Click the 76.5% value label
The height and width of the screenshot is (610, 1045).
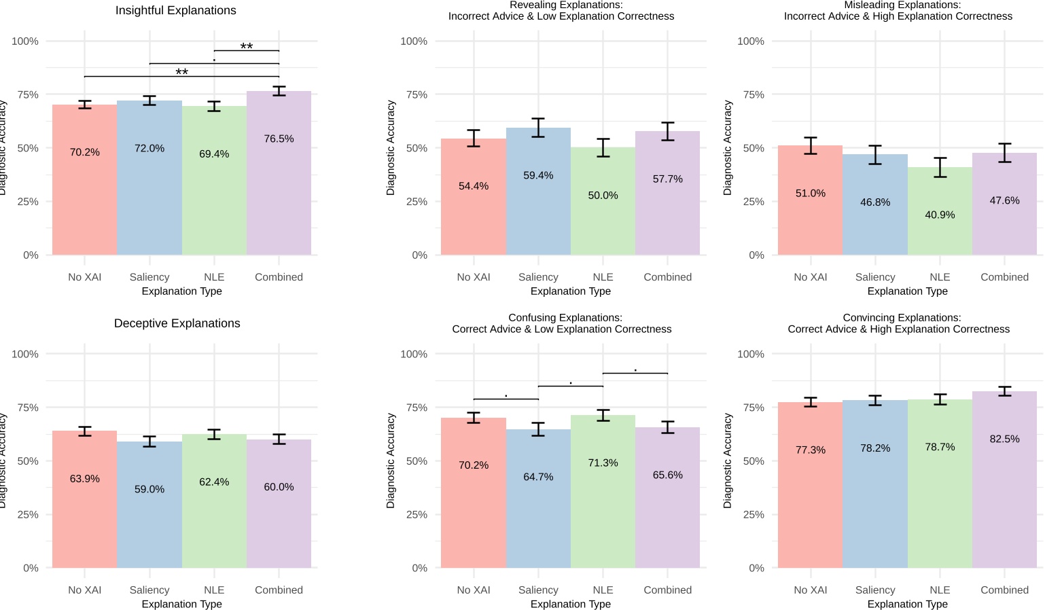click(279, 139)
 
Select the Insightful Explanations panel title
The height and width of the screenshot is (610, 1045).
click(176, 10)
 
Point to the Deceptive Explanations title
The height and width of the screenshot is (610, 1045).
click(177, 323)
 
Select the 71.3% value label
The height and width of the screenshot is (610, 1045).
click(603, 463)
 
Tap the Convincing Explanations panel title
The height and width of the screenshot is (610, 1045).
click(898, 323)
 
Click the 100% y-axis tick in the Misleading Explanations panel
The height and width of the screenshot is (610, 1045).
click(750, 41)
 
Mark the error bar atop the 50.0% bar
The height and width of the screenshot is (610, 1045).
click(603, 147)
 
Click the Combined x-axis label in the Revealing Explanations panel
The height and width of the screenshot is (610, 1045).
click(667, 277)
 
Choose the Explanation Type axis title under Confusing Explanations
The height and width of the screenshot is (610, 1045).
click(570, 604)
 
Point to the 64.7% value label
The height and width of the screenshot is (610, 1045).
click(538, 477)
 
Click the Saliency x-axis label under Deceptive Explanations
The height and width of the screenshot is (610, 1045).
click(149, 590)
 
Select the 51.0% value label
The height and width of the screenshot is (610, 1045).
click(810, 193)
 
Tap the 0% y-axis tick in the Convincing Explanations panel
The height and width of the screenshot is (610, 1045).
click(756, 568)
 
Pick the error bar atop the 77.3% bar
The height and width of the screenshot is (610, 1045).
click(810, 402)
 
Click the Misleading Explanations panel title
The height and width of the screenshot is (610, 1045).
click(898, 10)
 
